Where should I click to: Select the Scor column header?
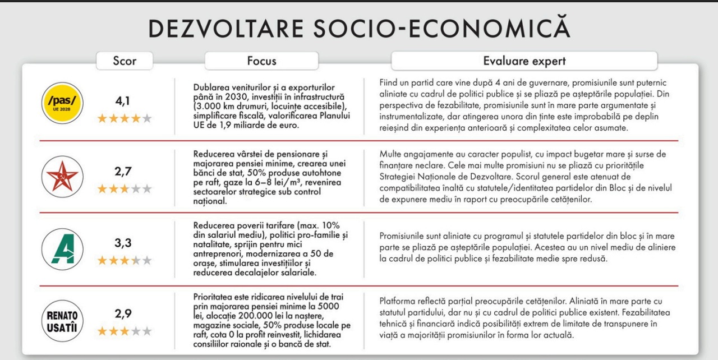(x=125, y=61)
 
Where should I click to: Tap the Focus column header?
(x=261, y=61)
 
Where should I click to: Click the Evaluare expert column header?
(x=524, y=61)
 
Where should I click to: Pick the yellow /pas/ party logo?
(x=62, y=103)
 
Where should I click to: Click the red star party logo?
(x=62, y=176)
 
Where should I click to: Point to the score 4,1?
(x=123, y=101)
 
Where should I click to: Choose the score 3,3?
(x=123, y=243)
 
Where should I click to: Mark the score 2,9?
(x=123, y=314)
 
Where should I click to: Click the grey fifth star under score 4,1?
(x=147, y=118)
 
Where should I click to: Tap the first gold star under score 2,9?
(x=102, y=331)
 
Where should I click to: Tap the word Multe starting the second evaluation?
(x=391, y=154)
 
